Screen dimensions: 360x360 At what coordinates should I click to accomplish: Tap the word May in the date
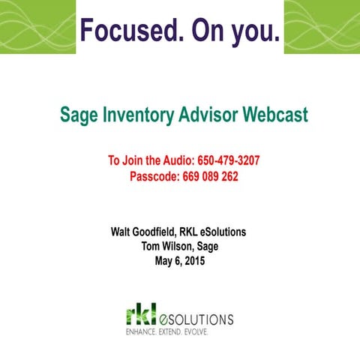[x=164, y=262]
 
